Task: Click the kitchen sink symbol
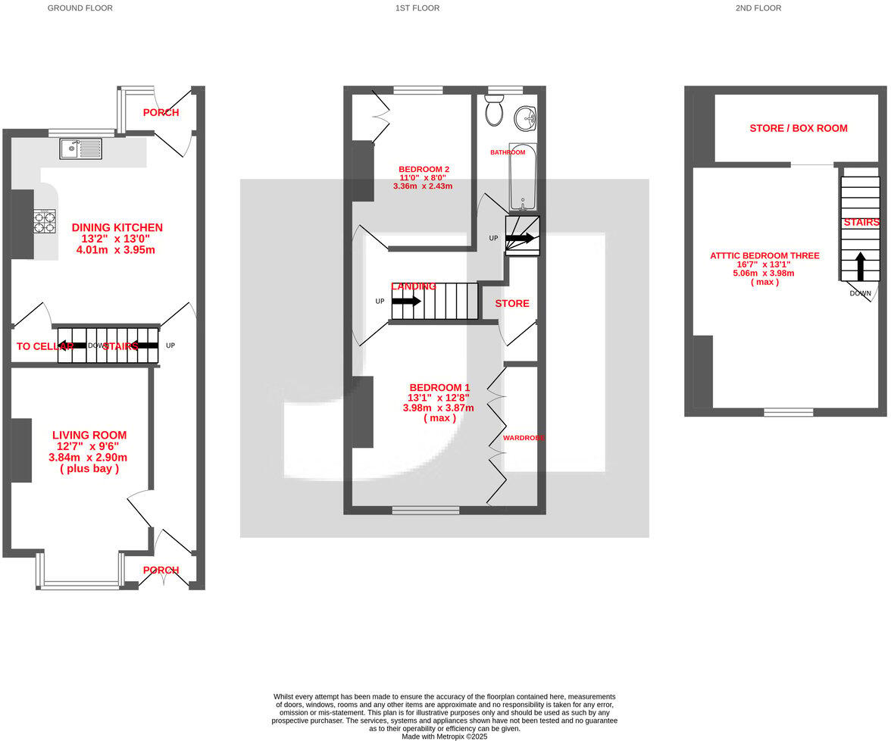click(x=80, y=149)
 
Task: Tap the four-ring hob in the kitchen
click(x=45, y=220)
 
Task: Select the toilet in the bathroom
click(x=495, y=111)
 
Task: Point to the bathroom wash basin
click(x=525, y=117)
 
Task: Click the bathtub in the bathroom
click(x=522, y=179)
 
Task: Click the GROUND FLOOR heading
click(x=80, y=8)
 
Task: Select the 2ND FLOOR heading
click(x=758, y=8)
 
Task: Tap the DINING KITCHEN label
click(x=117, y=227)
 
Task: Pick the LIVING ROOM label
click(x=89, y=435)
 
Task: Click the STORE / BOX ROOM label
click(x=799, y=128)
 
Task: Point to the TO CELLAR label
click(x=45, y=346)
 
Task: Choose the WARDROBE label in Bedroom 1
click(x=524, y=437)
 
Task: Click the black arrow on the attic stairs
click(x=861, y=267)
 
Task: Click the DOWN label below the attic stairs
click(x=860, y=293)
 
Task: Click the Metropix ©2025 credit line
click(x=445, y=736)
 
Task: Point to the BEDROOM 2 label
click(x=424, y=169)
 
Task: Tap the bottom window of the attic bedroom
click(x=788, y=412)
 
